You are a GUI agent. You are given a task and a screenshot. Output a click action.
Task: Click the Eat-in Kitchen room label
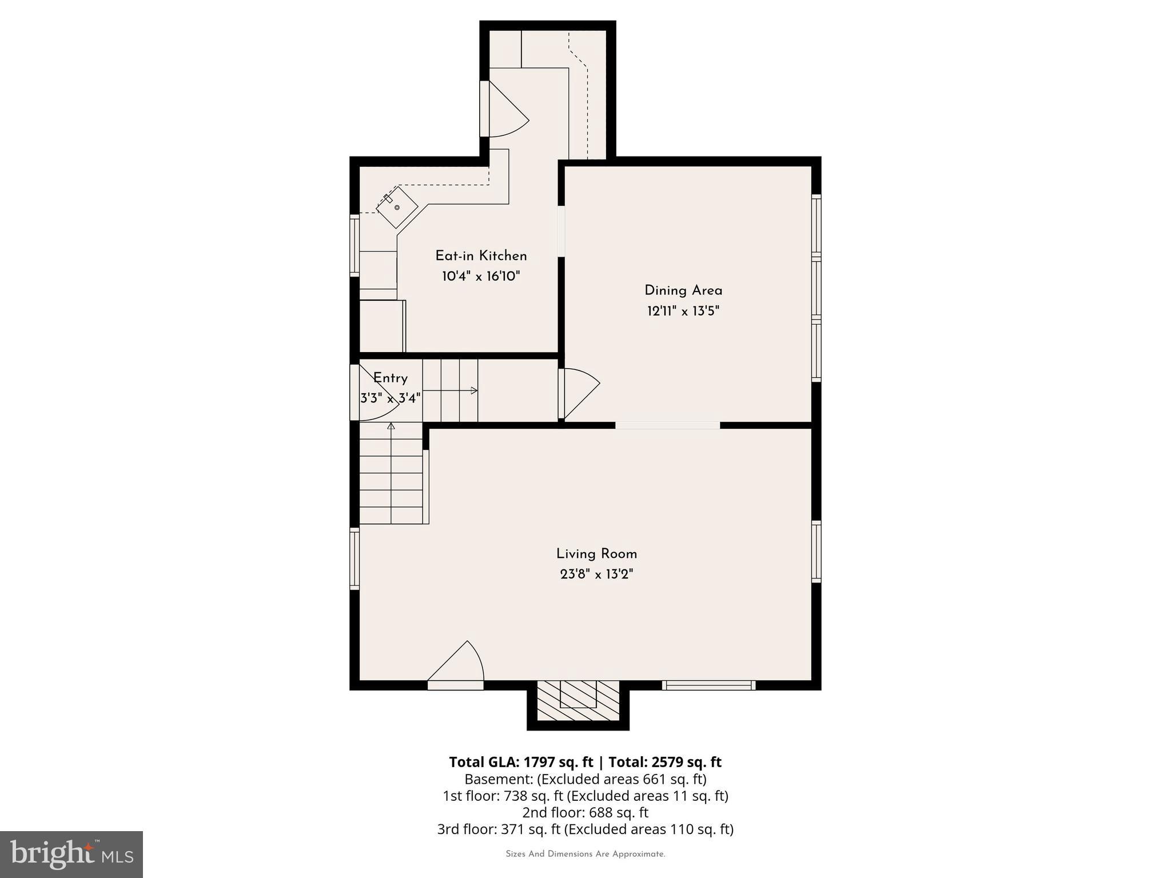pos(481,256)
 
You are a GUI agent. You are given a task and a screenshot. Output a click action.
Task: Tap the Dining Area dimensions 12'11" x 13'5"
pos(683,312)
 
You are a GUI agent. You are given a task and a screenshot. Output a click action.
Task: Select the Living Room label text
pos(596,554)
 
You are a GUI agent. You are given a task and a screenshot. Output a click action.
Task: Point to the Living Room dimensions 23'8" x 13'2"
pos(596,574)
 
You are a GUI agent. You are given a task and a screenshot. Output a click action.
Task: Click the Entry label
pos(391,378)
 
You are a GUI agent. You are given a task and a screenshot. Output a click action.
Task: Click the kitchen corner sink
pos(396,207)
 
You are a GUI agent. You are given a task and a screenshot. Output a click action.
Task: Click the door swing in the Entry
pos(372,394)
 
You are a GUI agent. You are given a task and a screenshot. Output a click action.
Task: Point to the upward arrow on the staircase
pos(391,426)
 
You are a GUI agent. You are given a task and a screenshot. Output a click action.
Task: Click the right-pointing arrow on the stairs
pos(473,390)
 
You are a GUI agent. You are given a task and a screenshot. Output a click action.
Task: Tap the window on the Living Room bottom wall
pos(708,685)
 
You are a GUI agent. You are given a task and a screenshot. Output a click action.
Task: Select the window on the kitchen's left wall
pos(355,246)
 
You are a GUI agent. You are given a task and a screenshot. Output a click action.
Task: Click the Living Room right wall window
pos(816,552)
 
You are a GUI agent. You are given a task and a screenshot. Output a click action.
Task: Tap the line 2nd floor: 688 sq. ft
pos(585,812)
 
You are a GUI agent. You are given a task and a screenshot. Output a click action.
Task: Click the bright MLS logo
pos(71,854)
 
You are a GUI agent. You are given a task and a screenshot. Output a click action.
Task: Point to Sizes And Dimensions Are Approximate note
pos(585,854)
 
